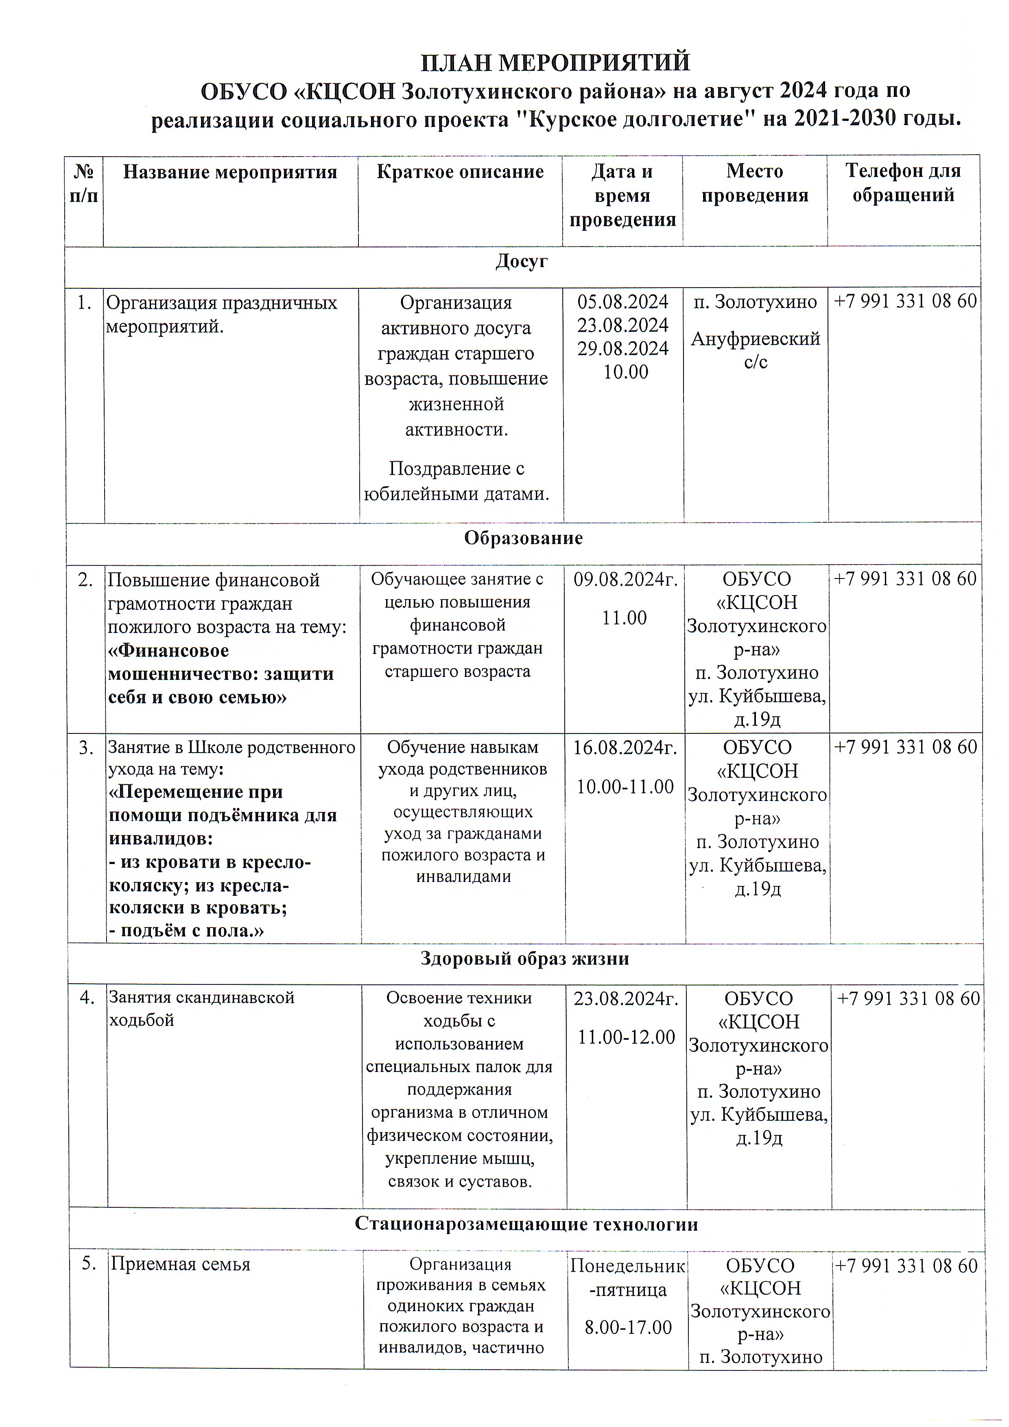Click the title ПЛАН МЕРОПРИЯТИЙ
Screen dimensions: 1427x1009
(555, 63)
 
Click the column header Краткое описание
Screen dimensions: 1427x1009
(460, 172)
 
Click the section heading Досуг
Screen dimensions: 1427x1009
(521, 261)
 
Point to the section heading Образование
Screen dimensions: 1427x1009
(523, 538)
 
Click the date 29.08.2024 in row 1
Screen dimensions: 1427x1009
(622, 349)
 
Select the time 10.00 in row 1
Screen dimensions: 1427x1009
(625, 372)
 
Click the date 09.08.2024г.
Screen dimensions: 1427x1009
(625, 579)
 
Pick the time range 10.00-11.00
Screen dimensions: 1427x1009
(625, 786)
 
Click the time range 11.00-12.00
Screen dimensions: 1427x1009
(626, 1036)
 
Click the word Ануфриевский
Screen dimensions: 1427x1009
(756, 339)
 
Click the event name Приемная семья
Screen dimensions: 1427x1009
(180, 1264)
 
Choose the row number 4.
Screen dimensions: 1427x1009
(87, 997)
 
